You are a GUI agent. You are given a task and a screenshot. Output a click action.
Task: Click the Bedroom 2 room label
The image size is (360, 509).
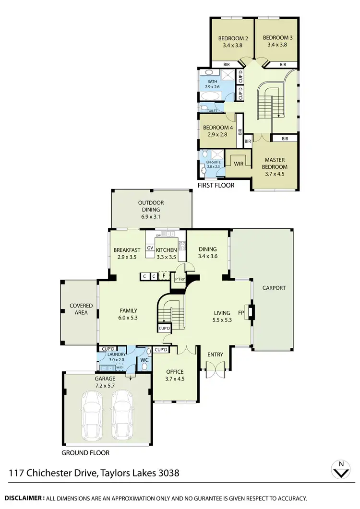click(233, 38)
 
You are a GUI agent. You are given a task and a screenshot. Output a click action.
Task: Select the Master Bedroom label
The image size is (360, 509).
click(275, 163)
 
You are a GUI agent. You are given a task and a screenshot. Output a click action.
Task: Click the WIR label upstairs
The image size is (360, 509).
click(238, 164)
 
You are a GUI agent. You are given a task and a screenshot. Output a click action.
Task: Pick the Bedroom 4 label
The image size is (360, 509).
click(218, 128)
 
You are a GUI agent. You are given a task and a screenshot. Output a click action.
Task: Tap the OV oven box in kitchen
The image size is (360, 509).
click(150, 248)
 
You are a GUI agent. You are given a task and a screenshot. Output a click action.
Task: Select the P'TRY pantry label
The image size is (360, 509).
click(180, 279)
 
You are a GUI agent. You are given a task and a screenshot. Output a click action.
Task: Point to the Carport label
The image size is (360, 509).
click(274, 288)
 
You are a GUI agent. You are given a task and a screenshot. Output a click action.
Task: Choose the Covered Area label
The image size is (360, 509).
click(81, 309)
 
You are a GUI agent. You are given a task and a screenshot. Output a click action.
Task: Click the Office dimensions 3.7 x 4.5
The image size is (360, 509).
click(175, 379)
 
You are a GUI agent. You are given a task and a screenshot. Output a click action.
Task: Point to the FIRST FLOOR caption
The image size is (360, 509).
click(216, 185)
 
